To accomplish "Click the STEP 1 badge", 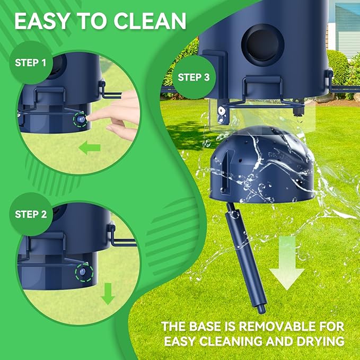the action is point(31,63).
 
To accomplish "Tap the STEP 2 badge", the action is point(31,214).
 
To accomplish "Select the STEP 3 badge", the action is point(194,77).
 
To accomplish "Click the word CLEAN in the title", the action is point(150,21).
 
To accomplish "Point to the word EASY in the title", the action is point(42,21).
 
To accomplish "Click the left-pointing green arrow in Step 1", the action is point(90,147).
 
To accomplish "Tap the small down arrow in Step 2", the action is point(108,294).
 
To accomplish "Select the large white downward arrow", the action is point(287,264).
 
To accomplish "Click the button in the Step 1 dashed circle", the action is point(81,119).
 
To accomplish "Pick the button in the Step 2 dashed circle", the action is point(83,272).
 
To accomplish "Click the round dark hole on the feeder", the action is point(263,45).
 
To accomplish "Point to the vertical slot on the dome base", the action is point(225,171).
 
